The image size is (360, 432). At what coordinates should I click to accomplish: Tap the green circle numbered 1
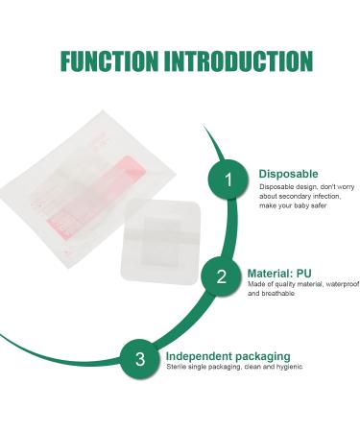[228, 179]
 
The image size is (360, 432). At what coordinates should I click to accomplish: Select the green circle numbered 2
[222, 277]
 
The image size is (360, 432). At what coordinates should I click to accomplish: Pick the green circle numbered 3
[140, 359]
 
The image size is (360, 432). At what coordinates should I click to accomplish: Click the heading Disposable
[288, 174]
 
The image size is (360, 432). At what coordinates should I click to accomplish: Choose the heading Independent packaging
[221, 354]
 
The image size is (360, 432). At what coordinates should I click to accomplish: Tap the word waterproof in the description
[341, 283]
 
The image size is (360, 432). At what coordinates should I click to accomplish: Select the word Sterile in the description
[178, 367]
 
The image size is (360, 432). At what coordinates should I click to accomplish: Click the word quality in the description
[283, 283]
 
